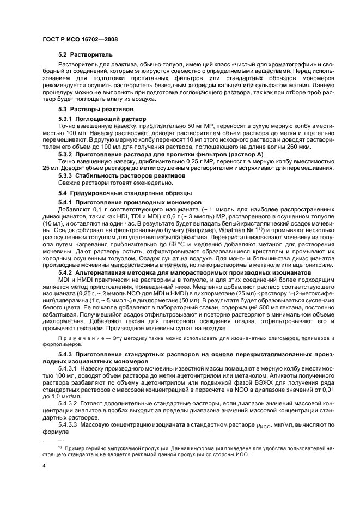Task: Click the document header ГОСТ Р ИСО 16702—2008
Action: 81,39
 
